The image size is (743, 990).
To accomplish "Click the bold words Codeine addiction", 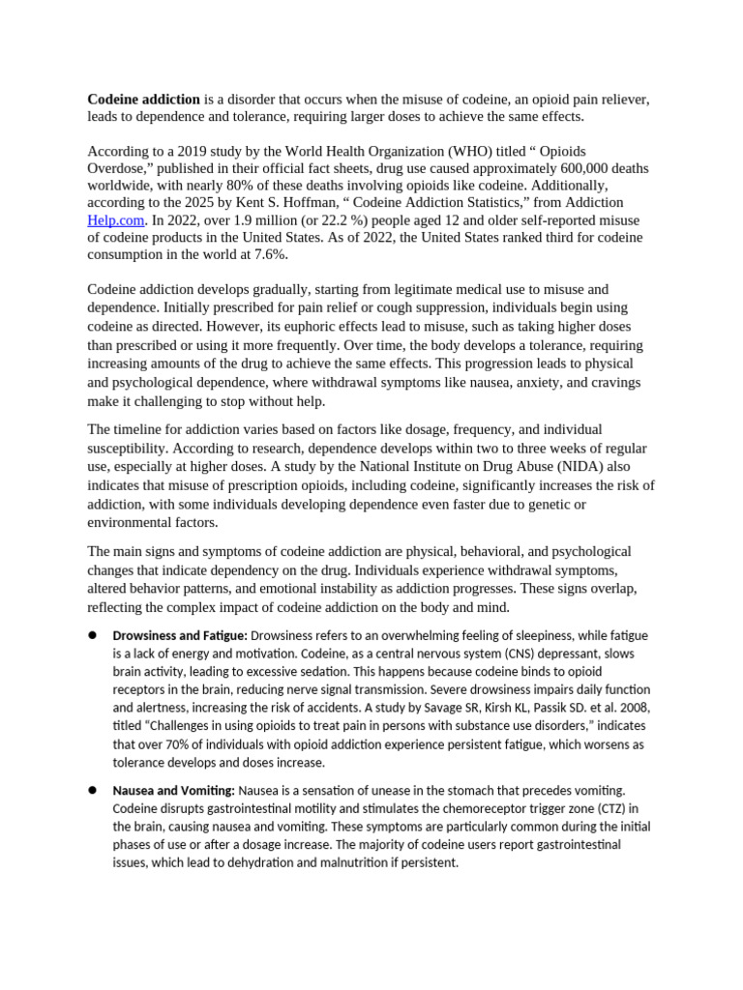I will [143, 100].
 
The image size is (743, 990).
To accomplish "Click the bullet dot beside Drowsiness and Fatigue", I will [94, 635].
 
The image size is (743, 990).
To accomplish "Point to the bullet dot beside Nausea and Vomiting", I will [94, 790].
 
